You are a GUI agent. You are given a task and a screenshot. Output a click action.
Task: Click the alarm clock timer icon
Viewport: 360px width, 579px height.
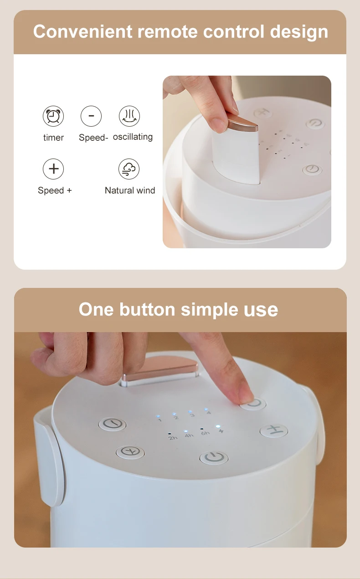coord(53,116)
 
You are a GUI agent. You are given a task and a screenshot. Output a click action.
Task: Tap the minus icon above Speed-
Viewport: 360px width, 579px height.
coord(91,116)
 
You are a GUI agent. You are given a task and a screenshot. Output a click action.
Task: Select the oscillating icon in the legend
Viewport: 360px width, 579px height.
coord(129,116)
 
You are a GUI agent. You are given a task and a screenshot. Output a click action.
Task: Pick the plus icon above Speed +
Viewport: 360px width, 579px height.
coord(53,169)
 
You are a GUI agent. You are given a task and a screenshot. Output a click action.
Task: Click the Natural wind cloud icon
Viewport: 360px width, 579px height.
coord(129,169)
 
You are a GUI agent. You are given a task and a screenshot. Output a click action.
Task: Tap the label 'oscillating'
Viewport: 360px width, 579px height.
coord(133,137)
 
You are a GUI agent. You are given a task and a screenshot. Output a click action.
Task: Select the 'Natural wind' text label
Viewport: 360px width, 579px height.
coord(130,190)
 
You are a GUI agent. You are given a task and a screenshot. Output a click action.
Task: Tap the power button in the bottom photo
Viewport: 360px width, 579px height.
coord(214,457)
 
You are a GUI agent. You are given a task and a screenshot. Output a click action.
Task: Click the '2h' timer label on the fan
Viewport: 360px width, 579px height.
coord(173,438)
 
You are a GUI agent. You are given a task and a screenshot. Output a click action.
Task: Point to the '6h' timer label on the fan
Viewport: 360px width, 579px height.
coord(206,432)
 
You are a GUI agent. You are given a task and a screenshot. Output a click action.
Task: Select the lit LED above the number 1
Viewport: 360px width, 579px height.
coord(158,416)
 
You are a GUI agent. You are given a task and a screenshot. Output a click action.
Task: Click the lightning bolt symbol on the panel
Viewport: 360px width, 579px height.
coord(221,430)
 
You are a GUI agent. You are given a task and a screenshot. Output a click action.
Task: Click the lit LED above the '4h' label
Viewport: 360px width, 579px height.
coord(186,430)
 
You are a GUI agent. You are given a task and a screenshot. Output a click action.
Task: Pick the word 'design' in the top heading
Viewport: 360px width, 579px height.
coord(299,32)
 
